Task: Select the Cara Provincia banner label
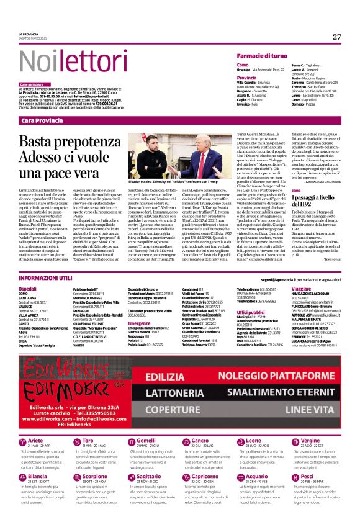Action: [42, 120]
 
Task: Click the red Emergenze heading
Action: [140, 323]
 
